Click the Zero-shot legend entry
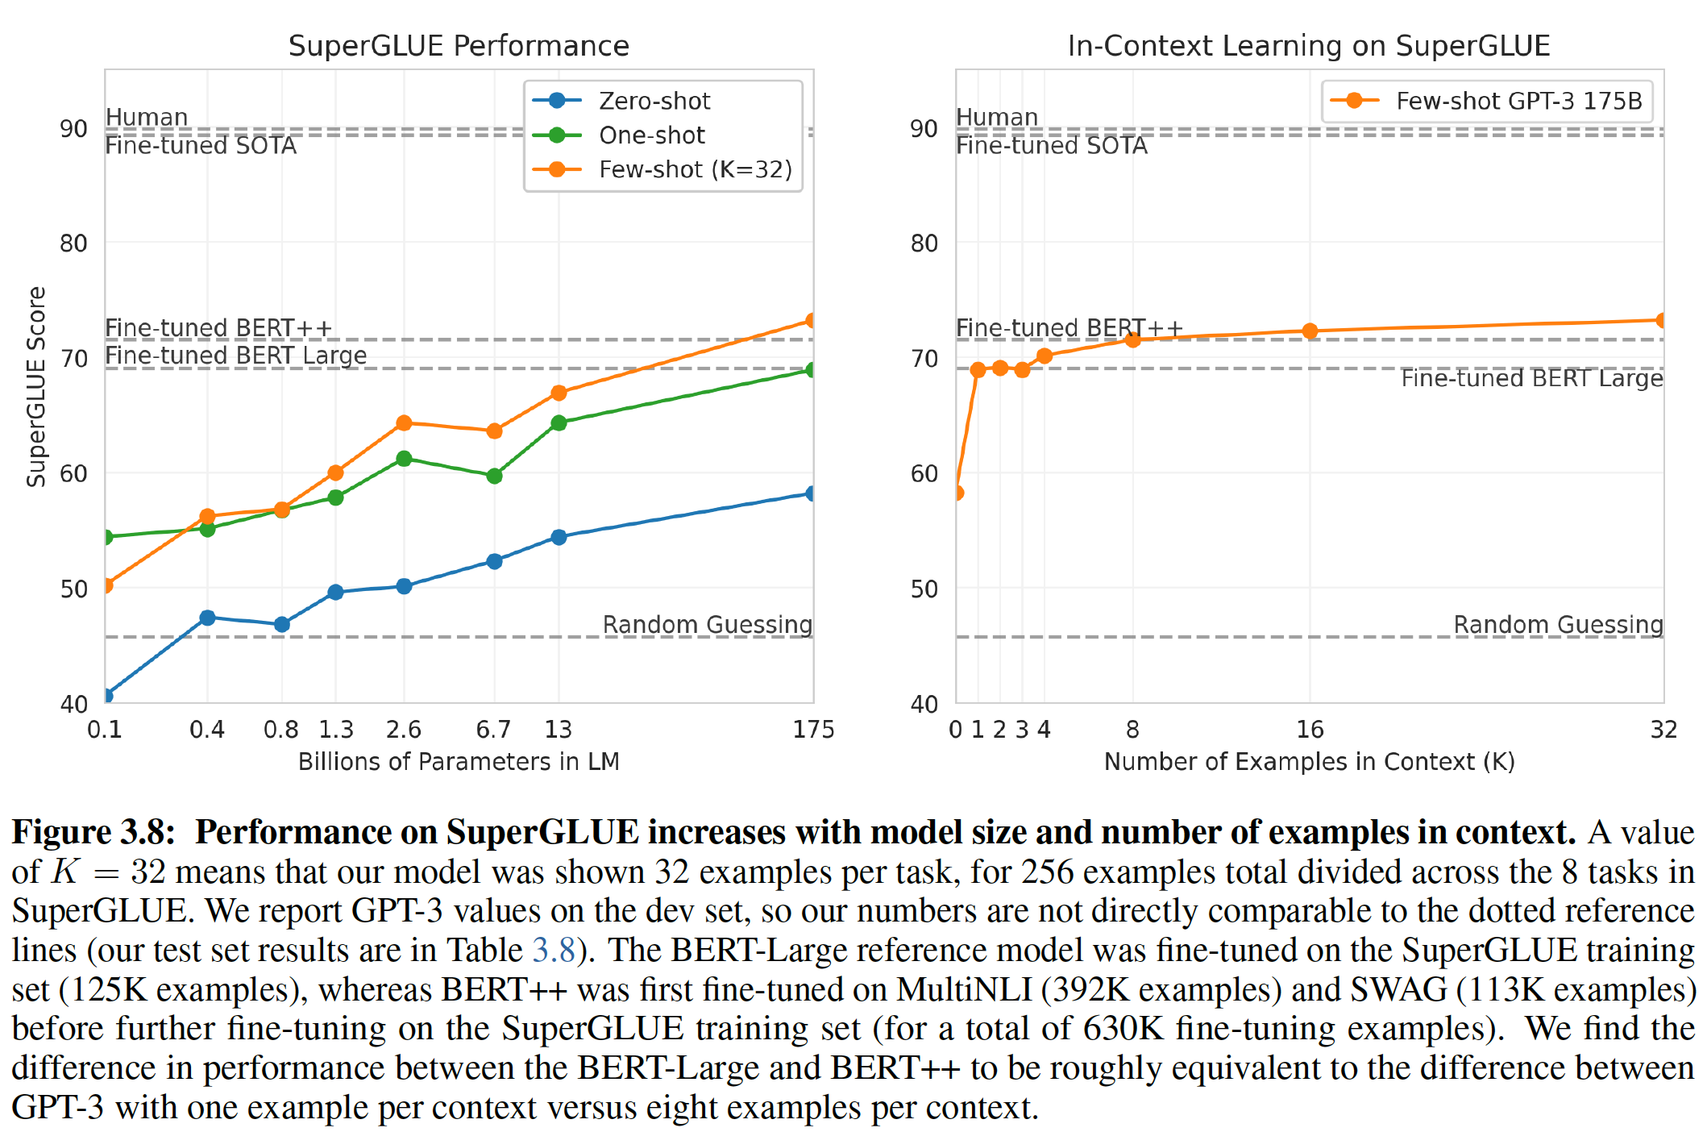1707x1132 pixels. point(654,101)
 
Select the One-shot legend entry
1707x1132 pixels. point(651,135)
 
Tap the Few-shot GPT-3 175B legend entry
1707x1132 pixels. point(1518,101)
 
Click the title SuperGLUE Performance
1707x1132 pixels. point(459,46)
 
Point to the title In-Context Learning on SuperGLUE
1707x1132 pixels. point(1309,46)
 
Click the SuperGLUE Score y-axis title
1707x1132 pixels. point(36,387)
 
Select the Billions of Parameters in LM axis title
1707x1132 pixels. point(459,762)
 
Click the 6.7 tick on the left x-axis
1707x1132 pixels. point(493,730)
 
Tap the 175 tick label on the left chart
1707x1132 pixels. point(813,730)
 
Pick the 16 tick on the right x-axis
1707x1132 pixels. point(1310,730)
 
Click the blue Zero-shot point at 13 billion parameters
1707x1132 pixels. point(559,537)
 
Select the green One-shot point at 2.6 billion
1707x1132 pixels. point(405,459)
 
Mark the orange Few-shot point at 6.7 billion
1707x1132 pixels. point(495,431)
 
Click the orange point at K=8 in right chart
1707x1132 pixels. point(1132,340)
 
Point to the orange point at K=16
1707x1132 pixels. point(1310,331)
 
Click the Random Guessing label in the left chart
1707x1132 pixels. point(707,625)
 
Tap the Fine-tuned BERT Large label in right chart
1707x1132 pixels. point(1531,378)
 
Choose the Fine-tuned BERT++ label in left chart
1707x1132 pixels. point(218,328)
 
